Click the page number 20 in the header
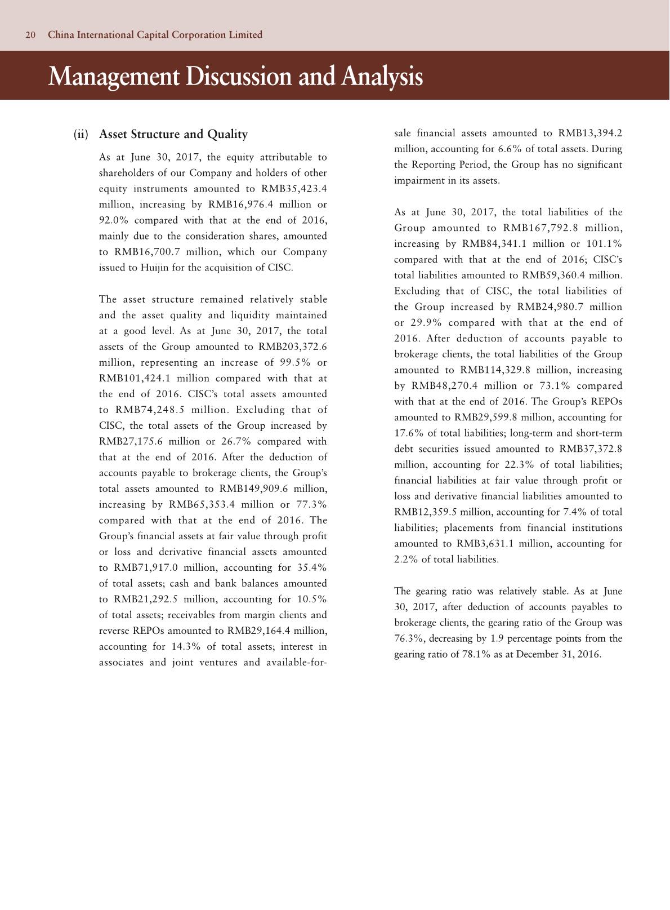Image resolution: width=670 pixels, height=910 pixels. [x=30, y=35]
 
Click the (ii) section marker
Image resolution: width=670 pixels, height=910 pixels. [x=81, y=134]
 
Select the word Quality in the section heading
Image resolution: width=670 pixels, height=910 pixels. [x=227, y=134]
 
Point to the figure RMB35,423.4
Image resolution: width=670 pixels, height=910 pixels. [x=294, y=189]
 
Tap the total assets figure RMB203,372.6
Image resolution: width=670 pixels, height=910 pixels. [x=292, y=347]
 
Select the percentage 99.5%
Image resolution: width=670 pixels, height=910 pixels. [x=297, y=362]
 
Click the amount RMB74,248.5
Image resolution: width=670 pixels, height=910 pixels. [x=150, y=410]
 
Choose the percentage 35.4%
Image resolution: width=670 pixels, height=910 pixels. [x=312, y=567]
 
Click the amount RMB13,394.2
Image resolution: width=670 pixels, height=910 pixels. [x=590, y=134]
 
